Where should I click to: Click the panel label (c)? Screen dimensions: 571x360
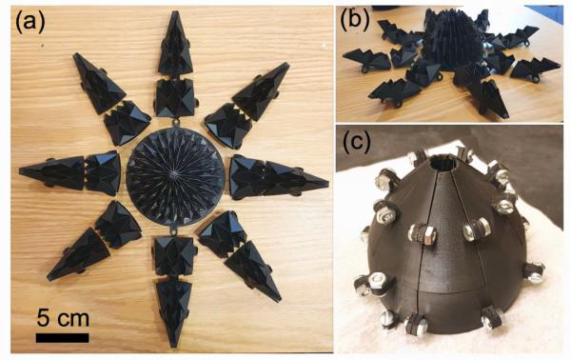point(357,141)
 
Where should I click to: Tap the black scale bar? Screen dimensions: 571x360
point(62,338)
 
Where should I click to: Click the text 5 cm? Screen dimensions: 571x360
point(63,318)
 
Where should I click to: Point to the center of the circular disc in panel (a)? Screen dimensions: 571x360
point(175,175)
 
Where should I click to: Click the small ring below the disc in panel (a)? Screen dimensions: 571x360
point(173,230)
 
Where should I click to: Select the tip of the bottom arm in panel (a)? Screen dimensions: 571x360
point(174,347)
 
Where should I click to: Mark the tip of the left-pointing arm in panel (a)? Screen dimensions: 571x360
point(20,170)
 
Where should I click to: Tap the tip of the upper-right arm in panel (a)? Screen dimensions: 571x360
point(287,64)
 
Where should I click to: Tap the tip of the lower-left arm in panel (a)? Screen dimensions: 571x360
point(49,279)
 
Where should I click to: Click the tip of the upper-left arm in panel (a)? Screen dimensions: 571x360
point(76,54)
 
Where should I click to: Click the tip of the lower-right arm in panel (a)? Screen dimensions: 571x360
point(279,301)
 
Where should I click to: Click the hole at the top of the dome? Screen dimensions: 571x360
point(442,163)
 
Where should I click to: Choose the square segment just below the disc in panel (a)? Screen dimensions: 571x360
point(174,255)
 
